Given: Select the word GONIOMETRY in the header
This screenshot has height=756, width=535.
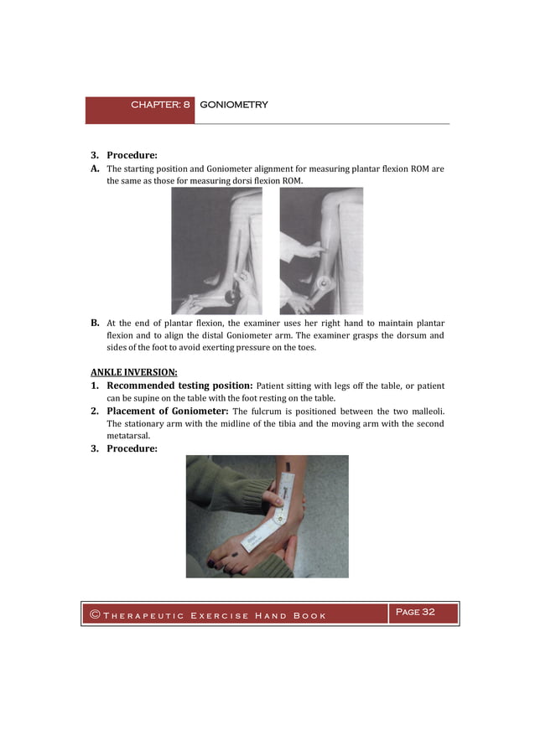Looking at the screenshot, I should click(x=234, y=105).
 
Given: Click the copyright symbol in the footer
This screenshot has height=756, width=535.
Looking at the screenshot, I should click(x=95, y=615).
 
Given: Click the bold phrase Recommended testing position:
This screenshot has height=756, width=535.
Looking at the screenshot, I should click(x=179, y=386).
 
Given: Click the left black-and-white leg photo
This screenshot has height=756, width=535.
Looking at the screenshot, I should click(x=216, y=251).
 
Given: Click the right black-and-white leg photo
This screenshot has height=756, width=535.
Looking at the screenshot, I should click(x=321, y=251).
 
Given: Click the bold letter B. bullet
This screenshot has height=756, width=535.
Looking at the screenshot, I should click(x=96, y=323).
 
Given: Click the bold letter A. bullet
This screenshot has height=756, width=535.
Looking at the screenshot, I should click(x=96, y=168).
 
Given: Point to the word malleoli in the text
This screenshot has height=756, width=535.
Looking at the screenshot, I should click(x=426, y=412).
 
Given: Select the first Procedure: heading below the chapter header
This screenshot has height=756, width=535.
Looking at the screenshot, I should click(x=132, y=155).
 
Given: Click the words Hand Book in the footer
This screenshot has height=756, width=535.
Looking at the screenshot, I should click(x=290, y=616).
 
